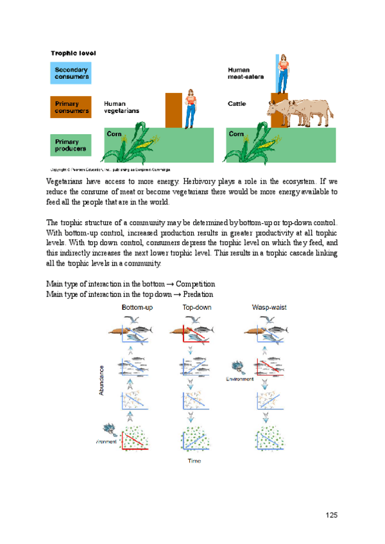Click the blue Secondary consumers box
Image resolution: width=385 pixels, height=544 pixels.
[x=71, y=73]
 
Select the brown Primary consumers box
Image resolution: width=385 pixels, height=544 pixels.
[x=71, y=107]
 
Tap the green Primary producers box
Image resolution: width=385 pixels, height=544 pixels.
[x=71, y=144]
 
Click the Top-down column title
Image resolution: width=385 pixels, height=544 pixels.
[x=197, y=308]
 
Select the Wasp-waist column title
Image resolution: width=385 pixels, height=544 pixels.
[x=269, y=308]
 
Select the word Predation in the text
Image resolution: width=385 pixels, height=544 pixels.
[x=194, y=294]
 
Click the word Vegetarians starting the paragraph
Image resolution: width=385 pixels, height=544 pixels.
[x=66, y=182]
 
